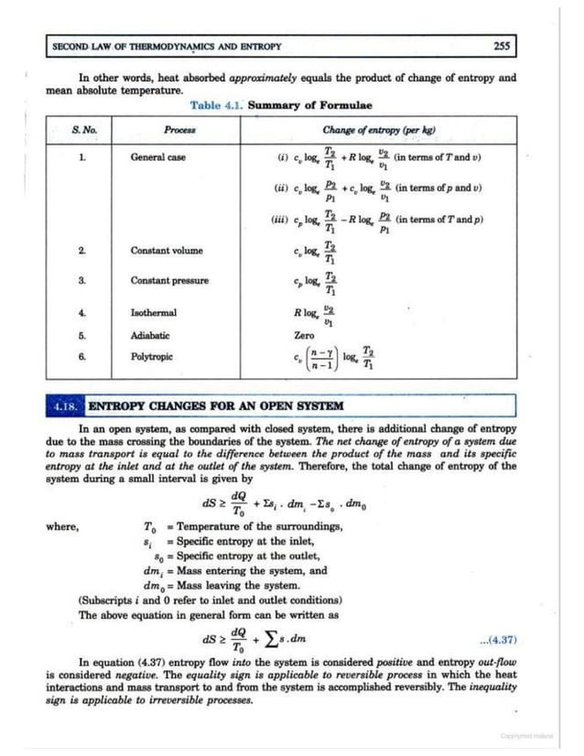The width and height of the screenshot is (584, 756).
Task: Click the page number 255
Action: click(x=501, y=46)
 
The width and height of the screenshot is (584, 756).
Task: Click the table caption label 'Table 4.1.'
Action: click(x=217, y=105)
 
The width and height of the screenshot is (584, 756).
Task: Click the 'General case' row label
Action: click(x=157, y=157)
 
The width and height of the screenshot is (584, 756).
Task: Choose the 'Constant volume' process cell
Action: click(x=167, y=250)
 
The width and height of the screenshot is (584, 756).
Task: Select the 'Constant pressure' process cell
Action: click(x=169, y=280)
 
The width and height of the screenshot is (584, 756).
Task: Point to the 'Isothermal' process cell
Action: click(x=154, y=312)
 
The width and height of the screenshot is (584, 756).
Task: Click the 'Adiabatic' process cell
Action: click(x=150, y=335)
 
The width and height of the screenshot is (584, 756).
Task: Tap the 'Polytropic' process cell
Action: click(x=151, y=356)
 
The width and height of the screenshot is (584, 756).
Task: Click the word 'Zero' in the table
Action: click(x=304, y=336)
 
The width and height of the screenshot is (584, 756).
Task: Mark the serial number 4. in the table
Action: click(x=82, y=312)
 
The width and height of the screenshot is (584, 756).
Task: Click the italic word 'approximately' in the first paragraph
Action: click(x=260, y=79)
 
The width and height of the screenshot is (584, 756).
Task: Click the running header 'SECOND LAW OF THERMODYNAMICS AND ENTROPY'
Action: click(x=167, y=46)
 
